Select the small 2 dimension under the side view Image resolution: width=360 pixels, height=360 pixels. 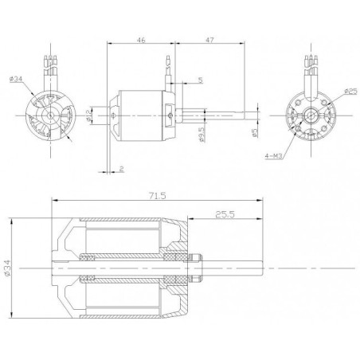click(121, 169)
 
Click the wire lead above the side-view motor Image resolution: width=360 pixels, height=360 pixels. click(168, 72)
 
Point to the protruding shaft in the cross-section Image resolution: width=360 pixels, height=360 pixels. click(239, 272)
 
